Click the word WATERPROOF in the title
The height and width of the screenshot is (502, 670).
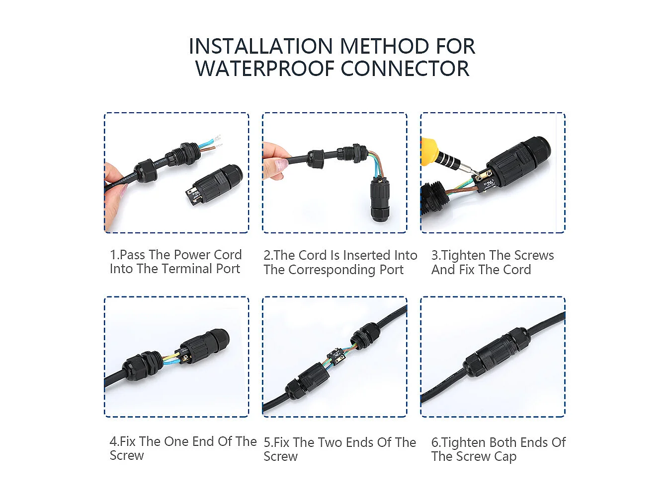[x=265, y=69]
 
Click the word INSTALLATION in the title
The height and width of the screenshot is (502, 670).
[x=260, y=46]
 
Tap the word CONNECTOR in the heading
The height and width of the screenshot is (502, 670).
[x=405, y=69]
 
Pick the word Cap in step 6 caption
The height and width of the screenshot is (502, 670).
[x=505, y=457]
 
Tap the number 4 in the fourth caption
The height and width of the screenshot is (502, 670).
[x=113, y=441]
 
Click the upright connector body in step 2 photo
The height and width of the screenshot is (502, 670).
[x=380, y=201]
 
